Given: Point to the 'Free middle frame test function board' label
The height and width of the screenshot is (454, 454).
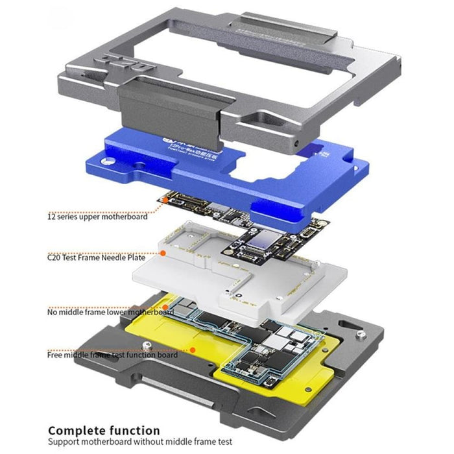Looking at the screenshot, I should pos(112,354).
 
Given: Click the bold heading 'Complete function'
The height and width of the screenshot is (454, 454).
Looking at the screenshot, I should pos(104,429).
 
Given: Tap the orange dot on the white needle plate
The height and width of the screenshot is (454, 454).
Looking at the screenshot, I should pos(163,252).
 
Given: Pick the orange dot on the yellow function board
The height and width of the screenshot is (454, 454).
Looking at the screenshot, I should pos(193,350).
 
